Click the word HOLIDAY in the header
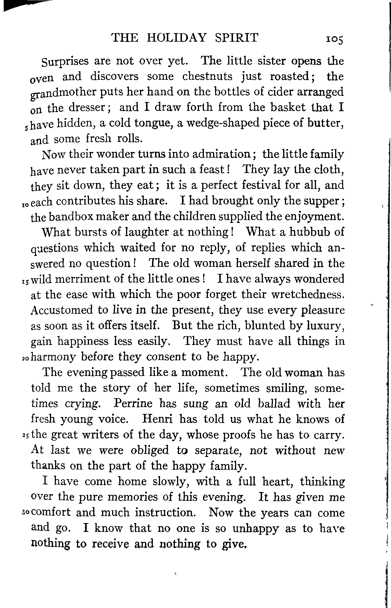tap(176, 38)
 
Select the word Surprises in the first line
tap(65, 62)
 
